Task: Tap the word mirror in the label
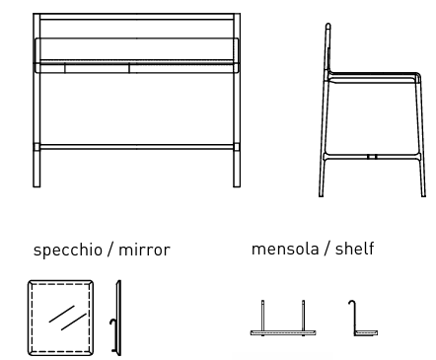(144, 250)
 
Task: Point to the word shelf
(355, 249)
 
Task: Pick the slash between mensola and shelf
(327, 249)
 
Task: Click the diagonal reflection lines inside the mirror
(66, 318)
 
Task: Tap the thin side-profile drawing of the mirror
(119, 317)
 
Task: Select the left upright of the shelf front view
(263, 316)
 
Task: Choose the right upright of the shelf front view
(303, 316)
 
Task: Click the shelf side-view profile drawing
(361, 321)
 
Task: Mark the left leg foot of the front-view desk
(36, 181)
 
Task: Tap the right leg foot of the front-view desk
(237, 181)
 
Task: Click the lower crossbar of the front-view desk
(136, 146)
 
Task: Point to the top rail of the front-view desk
(136, 15)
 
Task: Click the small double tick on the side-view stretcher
(372, 156)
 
